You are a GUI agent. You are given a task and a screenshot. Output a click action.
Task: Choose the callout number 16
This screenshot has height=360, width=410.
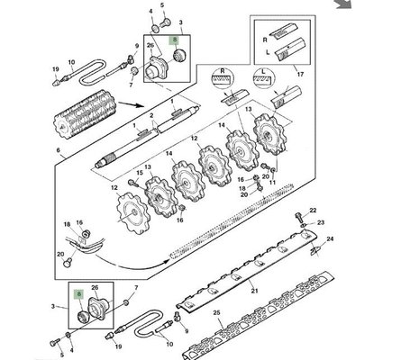pos(79,221)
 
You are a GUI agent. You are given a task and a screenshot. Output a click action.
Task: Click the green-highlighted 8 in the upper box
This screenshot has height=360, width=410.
pos(177,40)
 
